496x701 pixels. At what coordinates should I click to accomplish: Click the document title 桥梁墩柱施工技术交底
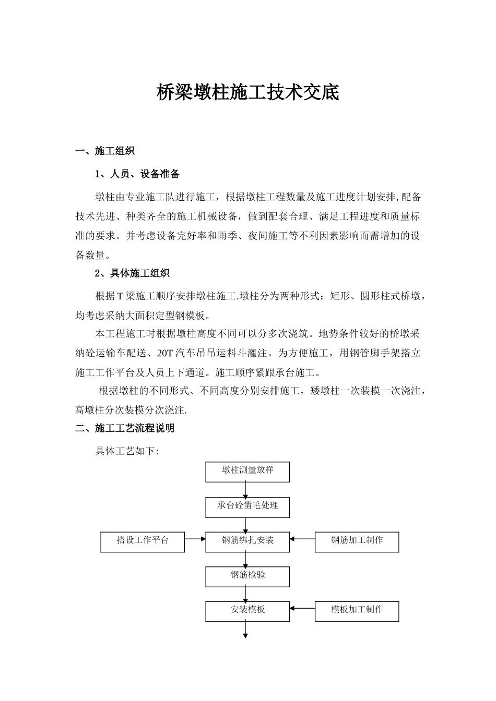click(248, 93)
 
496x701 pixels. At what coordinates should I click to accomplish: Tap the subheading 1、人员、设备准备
click(137, 174)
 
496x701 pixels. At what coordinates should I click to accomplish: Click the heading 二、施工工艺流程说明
click(125, 429)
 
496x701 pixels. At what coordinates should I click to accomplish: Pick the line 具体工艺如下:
click(126, 451)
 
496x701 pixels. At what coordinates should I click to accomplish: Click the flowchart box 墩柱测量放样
click(247, 471)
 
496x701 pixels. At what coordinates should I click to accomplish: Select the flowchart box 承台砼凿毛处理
click(247, 506)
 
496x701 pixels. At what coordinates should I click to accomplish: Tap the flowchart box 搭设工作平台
click(143, 541)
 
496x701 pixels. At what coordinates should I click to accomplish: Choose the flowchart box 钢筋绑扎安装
click(247, 541)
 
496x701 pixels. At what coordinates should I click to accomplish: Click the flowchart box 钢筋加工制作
click(357, 541)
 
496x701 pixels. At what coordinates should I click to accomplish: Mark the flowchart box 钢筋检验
click(247, 576)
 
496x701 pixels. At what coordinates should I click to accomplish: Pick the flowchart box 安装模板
click(247, 610)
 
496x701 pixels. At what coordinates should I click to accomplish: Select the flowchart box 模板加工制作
click(357, 610)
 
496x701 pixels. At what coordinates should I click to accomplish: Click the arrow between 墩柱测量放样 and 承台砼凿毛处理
click(245, 489)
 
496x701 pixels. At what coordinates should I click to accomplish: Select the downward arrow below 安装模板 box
click(245, 630)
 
